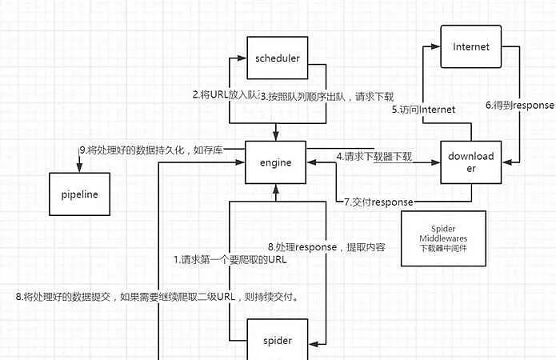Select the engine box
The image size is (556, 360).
coord(276,162)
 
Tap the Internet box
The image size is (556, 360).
coord(470,47)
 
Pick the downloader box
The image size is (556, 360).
coord(470,162)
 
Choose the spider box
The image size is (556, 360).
coord(277,341)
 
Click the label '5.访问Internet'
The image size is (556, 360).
coord(423,110)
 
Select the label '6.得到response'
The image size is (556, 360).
coord(520,105)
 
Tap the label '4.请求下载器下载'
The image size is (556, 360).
coord(374,156)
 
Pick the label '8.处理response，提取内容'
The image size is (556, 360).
coord(326,247)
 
